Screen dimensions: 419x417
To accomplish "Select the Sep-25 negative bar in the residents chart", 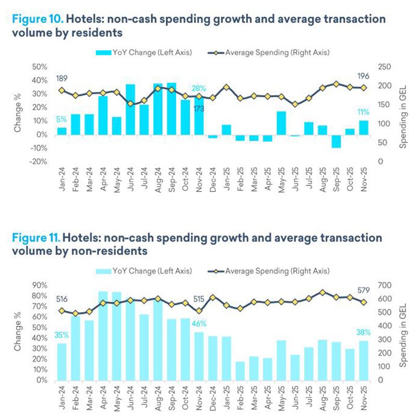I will [x=336, y=141].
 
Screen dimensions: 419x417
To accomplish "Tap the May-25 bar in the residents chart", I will [x=281, y=123].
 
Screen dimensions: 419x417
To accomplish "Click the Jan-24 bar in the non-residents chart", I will [x=62, y=362].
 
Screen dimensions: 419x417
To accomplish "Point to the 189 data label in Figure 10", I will [x=62, y=79].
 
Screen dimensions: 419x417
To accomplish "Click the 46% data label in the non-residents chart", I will [x=200, y=324].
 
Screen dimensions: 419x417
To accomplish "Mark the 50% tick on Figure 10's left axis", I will [x=40, y=67].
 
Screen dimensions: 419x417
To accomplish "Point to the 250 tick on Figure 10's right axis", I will [x=384, y=67].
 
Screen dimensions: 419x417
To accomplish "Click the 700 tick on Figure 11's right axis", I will [x=384, y=285].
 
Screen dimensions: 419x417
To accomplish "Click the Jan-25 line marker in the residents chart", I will [x=227, y=88].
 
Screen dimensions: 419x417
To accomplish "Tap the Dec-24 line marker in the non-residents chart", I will [x=213, y=297].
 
